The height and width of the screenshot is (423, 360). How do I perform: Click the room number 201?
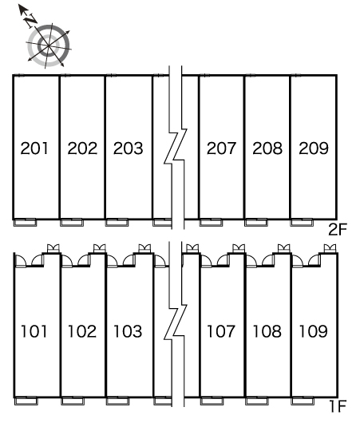pos(34,148)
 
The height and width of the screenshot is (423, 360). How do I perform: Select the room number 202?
pos(82,148)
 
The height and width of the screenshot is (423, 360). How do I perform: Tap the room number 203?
pos(129,148)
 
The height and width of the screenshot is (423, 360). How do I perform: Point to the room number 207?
pos(221,148)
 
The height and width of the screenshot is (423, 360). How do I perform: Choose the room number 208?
pos(267,148)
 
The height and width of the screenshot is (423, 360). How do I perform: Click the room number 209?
pos(314,148)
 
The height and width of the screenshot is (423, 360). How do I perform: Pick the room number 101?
pos(34,331)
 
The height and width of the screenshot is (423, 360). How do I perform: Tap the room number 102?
pos(82,331)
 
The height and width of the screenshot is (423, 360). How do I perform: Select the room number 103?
pos(128,331)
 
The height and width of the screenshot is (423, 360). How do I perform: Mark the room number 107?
pos(221,331)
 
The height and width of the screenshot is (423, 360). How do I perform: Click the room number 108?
pos(267,331)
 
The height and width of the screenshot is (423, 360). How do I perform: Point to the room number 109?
pos(314,331)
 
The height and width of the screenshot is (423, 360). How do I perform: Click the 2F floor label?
pos(338,230)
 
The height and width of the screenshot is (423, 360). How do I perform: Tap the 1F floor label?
pos(338,406)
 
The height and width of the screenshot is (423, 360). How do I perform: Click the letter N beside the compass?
pos(30,20)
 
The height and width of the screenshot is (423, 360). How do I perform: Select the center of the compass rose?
pos(49,45)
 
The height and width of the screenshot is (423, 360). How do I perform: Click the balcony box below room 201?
pos(25,223)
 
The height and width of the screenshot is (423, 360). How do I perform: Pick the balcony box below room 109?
pos(303,401)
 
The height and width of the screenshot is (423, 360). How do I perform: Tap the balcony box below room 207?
pos(211,223)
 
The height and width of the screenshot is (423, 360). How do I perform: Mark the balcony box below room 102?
pos(73,401)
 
